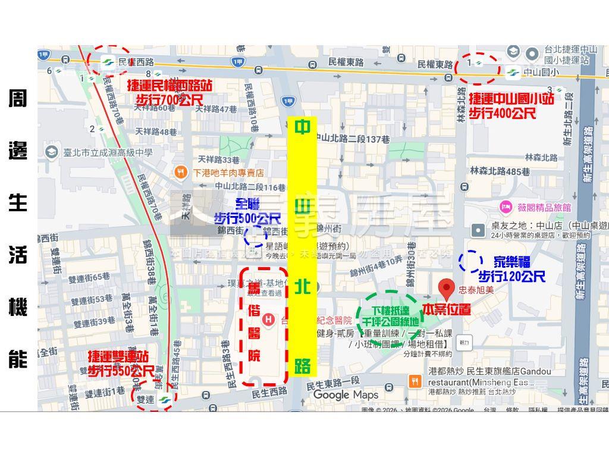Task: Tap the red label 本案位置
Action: pyautogui.click(x=446, y=309)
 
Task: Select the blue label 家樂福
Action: pyautogui.click(x=512, y=262)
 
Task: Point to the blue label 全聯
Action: pyautogui.click(x=247, y=204)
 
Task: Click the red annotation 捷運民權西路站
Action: pyautogui.click(x=169, y=86)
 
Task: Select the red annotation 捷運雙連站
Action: pyautogui.click(x=118, y=357)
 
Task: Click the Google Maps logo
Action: pyautogui.click(x=346, y=395)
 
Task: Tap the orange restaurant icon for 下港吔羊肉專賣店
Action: pyautogui.click(x=181, y=173)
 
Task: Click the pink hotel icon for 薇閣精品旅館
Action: pyautogui.click(x=506, y=207)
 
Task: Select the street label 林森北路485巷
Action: pyautogui.click(x=500, y=171)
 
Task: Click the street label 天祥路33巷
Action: pyautogui.click(x=218, y=160)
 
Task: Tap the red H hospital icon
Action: pyautogui.click(x=269, y=320)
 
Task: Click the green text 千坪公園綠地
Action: pyautogui.click(x=387, y=322)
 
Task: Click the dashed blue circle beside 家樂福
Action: pyautogui.click(x=470, y=261)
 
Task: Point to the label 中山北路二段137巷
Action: pyautogui.click(x=352, y=139)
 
